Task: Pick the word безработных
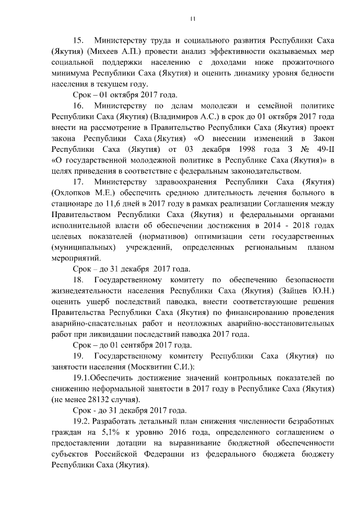tap(310, 421)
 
